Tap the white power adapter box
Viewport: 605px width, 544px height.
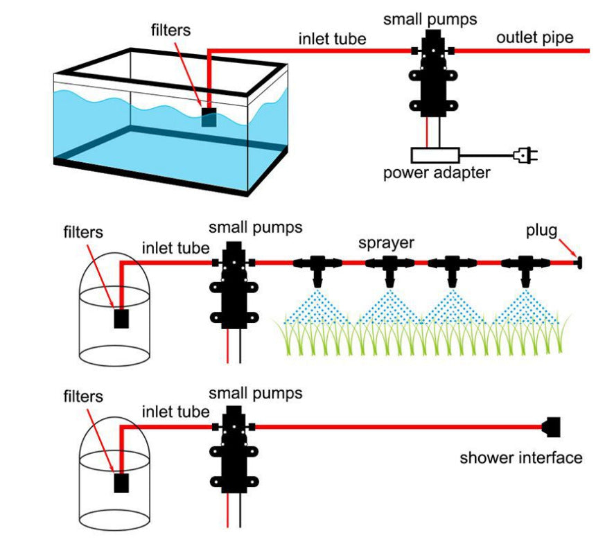(435, 155)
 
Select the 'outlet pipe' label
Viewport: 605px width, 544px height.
(534, 37)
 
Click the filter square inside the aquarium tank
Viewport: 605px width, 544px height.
(209, 117)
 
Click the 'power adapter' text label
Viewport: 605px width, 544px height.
(437, 173)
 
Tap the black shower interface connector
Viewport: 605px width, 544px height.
(551, 426)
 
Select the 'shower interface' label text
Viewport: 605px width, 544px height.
(521, 457)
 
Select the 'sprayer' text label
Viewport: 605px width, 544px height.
(386, 243)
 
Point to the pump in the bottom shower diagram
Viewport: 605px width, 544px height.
(232, 450)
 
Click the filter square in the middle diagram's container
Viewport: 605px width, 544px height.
(122, 318)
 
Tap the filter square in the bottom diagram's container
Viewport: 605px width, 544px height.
(122, 482)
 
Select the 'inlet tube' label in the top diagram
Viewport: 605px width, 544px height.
(332, 39)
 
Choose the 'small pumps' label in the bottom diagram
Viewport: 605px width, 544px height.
(256, 394)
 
